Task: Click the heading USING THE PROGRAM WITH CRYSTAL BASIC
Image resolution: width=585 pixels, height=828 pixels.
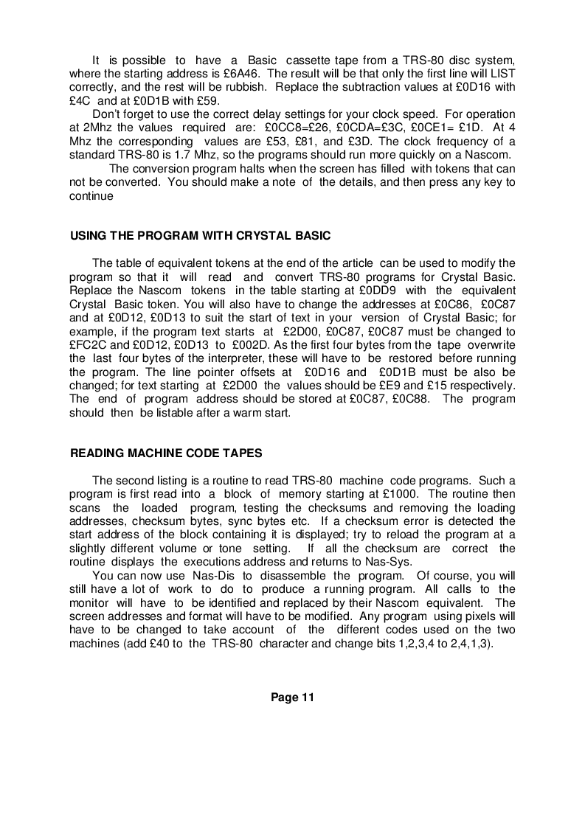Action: coord(200,236)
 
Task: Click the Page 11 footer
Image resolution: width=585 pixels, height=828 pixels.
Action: coord(292,697)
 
